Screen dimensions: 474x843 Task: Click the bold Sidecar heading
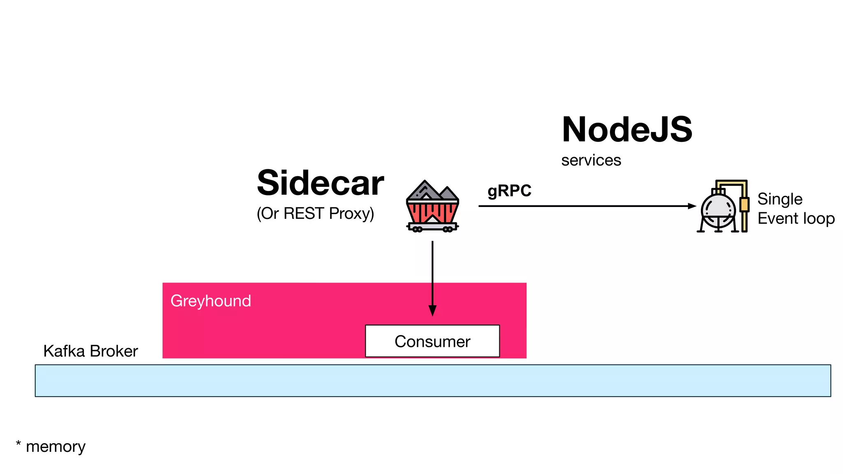click(320, 183)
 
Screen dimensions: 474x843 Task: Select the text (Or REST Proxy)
click(315, 214)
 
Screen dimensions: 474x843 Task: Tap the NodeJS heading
click(627, 130)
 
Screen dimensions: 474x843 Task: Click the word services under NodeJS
click(591, 160)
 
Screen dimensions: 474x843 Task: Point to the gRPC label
click(510, 191)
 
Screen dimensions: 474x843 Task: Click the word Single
click(780, 199)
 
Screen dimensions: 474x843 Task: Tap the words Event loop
click(796, 218)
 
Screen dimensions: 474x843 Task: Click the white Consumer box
click(432, 341)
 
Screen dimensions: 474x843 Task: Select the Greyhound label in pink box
click(211, 301)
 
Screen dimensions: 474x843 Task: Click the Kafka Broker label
click(91, 351)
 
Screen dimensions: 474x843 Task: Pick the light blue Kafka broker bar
click(432, 381)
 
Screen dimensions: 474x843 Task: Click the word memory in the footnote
click(56, 447)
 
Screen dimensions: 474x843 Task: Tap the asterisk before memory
click(19, 444)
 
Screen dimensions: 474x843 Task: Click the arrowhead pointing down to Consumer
click(432, 311)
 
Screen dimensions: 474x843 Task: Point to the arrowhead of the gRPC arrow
click(692, 206)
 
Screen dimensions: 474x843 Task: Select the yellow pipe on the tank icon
click(744, 204)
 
